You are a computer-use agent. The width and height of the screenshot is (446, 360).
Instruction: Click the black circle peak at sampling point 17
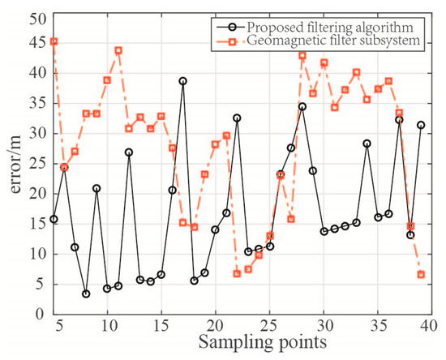point(183,81)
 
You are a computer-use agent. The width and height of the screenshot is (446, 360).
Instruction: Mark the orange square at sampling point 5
point(54,41)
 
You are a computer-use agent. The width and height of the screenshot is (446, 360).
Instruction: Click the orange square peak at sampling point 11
point(118,50)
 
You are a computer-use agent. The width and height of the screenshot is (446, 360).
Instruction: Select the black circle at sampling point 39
point(421,125)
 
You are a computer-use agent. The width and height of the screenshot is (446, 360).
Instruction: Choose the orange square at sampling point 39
point(421,274)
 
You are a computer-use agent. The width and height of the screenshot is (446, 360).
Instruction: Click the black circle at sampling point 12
point(129,152)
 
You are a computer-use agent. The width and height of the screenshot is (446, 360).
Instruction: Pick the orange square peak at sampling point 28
point(302,56)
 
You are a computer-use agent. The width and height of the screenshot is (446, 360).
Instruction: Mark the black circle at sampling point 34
point(367,144)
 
